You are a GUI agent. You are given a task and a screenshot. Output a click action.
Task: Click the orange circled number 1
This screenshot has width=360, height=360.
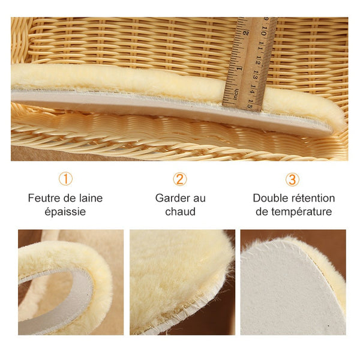65,179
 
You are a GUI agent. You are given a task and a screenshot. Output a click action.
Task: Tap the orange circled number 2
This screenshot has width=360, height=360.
180,179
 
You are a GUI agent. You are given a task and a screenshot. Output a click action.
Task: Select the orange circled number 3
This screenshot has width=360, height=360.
292,179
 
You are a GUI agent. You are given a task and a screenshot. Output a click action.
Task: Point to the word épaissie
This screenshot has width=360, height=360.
65,211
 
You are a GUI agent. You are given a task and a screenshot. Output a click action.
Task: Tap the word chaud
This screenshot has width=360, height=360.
180,211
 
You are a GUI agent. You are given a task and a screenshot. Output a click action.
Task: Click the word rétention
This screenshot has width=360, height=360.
312,198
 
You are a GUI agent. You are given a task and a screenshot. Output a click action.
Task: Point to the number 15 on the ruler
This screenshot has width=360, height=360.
250,104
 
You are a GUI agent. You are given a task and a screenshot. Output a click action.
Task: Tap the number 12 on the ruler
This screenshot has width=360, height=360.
258,61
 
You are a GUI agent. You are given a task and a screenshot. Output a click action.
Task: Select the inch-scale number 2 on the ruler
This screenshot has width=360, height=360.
245,33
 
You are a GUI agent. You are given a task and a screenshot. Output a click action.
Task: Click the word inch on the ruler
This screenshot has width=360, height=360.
236,94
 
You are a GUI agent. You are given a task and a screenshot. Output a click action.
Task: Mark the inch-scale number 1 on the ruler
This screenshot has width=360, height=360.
239,68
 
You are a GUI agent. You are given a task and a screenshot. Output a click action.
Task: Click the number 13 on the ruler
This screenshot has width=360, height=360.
256,75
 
